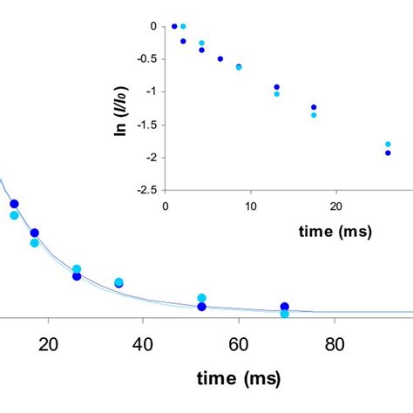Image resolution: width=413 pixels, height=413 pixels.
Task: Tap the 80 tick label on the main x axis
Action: tap(335, 344)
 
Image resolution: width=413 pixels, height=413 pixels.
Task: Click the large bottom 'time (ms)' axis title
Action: tap(239, 381)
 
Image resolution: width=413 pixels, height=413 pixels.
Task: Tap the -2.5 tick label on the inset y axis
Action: tap(144, 190)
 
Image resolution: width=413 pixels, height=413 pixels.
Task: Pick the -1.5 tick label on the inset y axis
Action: tap(144, 125)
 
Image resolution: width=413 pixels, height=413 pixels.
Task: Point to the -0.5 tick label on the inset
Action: tap(144, 59)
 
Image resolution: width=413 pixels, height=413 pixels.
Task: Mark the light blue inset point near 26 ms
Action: tap(388, 144)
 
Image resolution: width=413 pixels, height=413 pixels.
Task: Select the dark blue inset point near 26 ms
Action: tap(388, 152)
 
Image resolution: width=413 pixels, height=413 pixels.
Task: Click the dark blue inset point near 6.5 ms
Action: tap(220, 59)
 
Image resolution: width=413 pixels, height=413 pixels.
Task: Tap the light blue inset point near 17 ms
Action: tap(314, 115)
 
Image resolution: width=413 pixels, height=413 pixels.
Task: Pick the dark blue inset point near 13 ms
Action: tap(276, 87)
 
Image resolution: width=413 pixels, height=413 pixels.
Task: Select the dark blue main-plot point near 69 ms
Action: tap(285, 307)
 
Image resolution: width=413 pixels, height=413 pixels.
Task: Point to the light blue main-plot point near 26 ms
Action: tap(77, 269)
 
